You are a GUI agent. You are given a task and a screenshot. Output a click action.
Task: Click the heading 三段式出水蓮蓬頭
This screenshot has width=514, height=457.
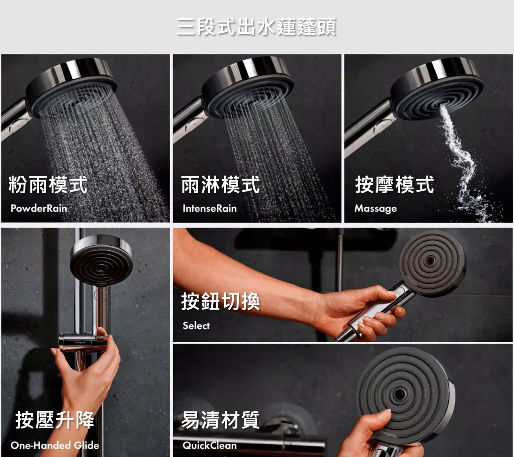(256, 27)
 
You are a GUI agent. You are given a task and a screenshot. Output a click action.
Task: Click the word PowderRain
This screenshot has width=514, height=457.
(39, 208)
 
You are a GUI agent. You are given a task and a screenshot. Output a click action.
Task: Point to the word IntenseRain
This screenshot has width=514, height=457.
(209, 208)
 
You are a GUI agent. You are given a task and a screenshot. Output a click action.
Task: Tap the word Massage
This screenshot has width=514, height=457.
(376, 209)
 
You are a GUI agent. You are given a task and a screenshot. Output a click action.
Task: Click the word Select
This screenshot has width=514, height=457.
(196, 326)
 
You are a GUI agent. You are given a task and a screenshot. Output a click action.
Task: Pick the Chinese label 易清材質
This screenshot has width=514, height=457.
(220, 420)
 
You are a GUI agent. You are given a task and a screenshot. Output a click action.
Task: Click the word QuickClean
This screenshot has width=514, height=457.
(209, 445)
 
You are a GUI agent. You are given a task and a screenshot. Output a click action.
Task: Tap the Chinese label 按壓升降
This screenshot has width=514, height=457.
(55, 420)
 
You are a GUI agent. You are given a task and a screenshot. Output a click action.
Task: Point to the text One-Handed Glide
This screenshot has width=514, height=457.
(55, 445)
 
